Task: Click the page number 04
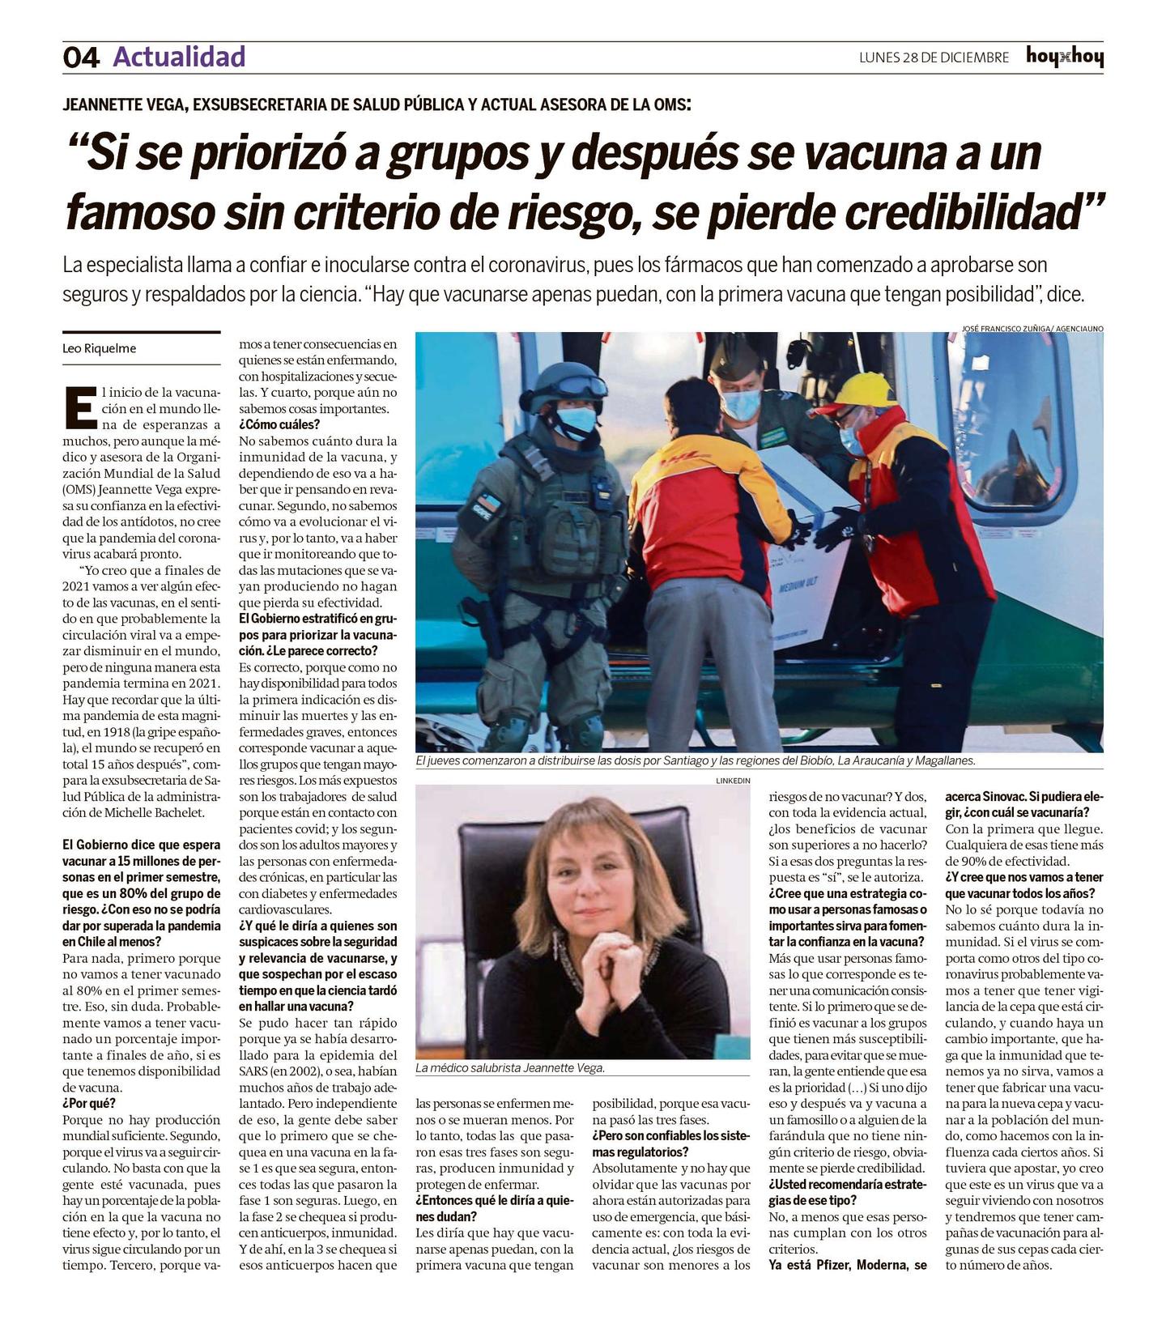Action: click(x=81, y=57)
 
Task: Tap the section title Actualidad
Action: click(x=179, y=57)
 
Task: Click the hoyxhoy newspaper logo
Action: click(x=1064, y=57)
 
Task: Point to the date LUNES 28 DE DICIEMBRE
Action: click(x=934, y=57)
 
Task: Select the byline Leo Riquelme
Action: click(x=100, y=349)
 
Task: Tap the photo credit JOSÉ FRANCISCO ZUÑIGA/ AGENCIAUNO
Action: click(x=1032, y=329)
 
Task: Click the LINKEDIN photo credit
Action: click(x=733, y=780)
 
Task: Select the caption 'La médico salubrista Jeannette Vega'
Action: click(x=510, y=1068)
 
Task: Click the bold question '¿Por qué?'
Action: click(x=89, y=1103)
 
